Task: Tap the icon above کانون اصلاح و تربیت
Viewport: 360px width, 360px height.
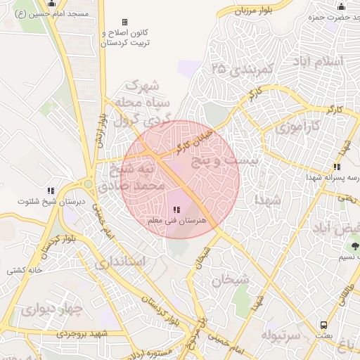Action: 125,22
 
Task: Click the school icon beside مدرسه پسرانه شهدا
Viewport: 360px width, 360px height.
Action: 337,167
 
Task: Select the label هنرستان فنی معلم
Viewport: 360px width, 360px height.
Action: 176,221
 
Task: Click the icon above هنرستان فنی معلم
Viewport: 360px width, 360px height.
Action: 176,210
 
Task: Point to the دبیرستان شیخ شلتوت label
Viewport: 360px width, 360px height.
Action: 43,202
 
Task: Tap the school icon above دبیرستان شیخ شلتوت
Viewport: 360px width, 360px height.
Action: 51,191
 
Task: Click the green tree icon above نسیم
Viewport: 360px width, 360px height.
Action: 354,246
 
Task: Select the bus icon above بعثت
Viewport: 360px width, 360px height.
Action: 323,325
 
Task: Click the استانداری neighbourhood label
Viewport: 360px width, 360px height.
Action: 119,262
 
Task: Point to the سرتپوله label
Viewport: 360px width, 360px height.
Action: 281,335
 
